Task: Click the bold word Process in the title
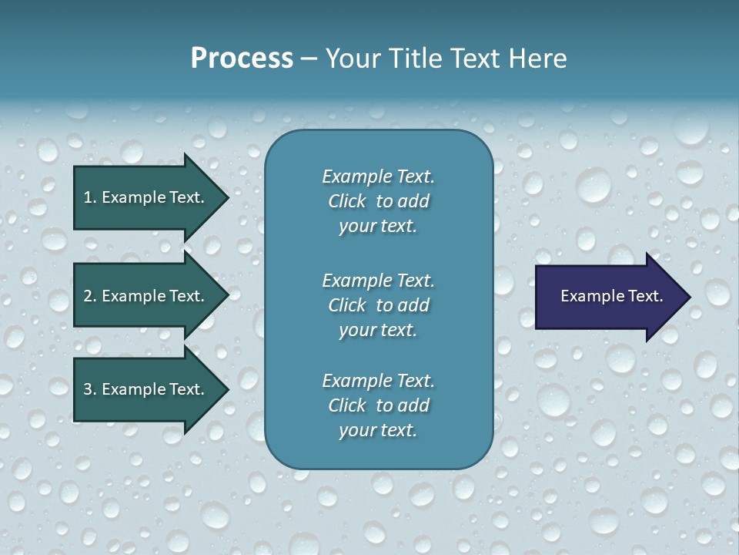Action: tap(242, 59)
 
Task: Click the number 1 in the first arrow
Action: tap(88, 197)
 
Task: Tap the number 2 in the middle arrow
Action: tap(88, 296)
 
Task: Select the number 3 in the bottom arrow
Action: tap(88, 389)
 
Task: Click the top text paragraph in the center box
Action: tap(378, 201)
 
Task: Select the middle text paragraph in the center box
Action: tap(378, 305)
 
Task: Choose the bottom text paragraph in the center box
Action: tap(378, 405)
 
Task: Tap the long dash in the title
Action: tap(309, 59)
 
